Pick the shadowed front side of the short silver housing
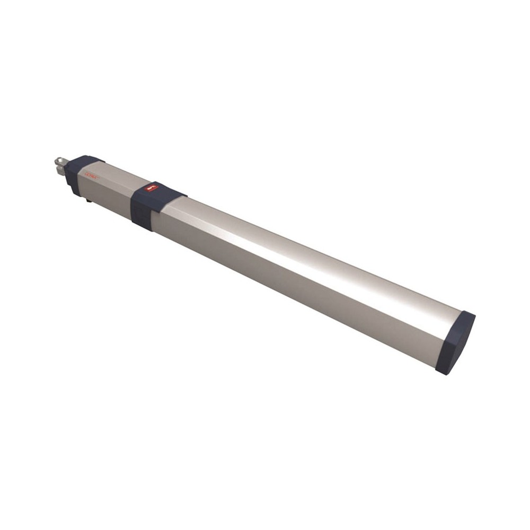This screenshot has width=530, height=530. pyautogui.click(x=106, y=196)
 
